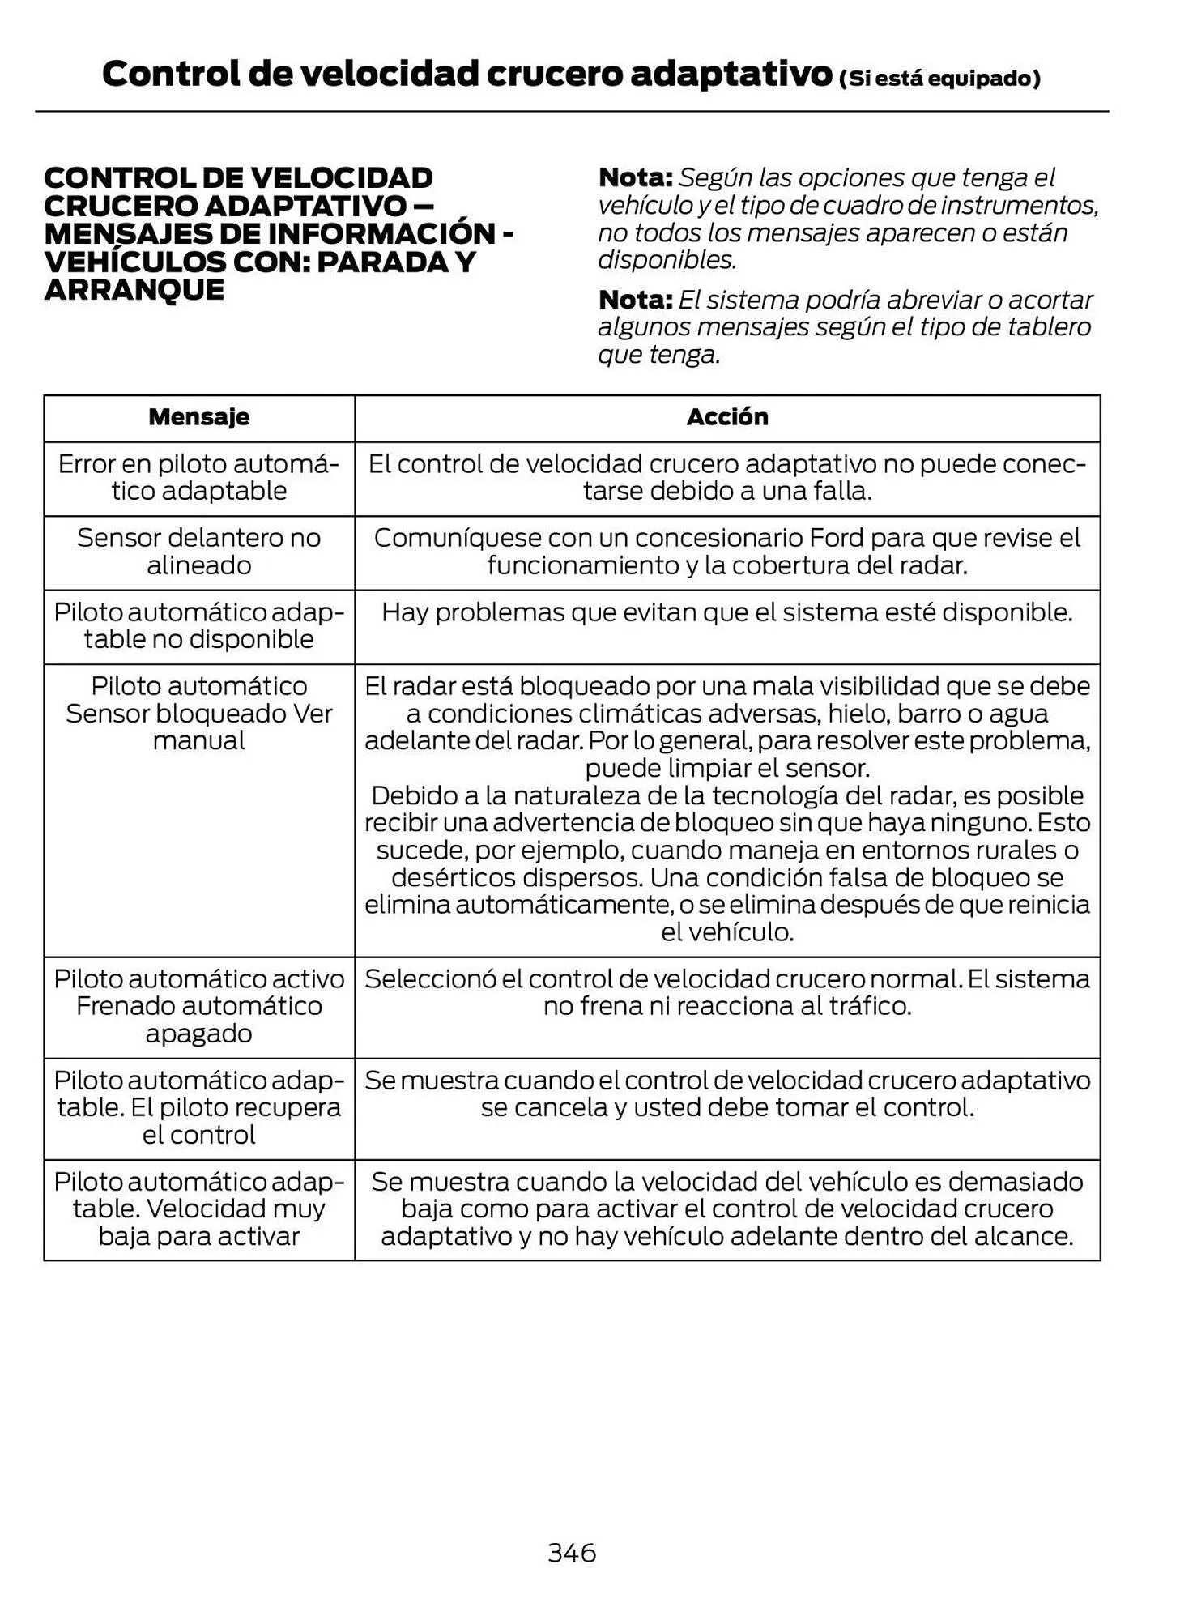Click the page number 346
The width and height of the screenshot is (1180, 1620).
(x=572, y=1552)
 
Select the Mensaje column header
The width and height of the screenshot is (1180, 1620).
(x=198, y=417)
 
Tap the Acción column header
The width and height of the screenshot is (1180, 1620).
(x=726, y=417)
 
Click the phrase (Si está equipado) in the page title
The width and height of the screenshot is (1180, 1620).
(x=939, y=79)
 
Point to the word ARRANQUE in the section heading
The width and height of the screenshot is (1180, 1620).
(x=134, y=290)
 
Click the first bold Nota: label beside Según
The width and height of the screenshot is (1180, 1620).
(x=635, y=177)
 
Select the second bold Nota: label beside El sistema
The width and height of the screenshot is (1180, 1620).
(x=635, y=300)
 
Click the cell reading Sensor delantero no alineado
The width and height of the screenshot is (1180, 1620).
(x=198, y=552)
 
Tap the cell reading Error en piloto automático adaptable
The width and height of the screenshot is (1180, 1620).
(x=198, y=477)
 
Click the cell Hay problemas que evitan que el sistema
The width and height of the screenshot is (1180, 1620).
(x=726, y=612)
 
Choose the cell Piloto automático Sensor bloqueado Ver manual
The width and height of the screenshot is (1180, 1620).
(x=198, y=714)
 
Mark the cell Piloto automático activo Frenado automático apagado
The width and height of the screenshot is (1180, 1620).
(x=198, y=1006)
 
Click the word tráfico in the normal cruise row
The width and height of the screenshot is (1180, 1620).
(x=870, y=1006)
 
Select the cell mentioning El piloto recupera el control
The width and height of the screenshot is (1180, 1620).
(x=198, y=1107)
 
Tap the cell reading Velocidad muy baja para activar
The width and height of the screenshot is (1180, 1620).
(x=198, y=1209)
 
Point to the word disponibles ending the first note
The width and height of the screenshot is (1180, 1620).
(x=667, y=260)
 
